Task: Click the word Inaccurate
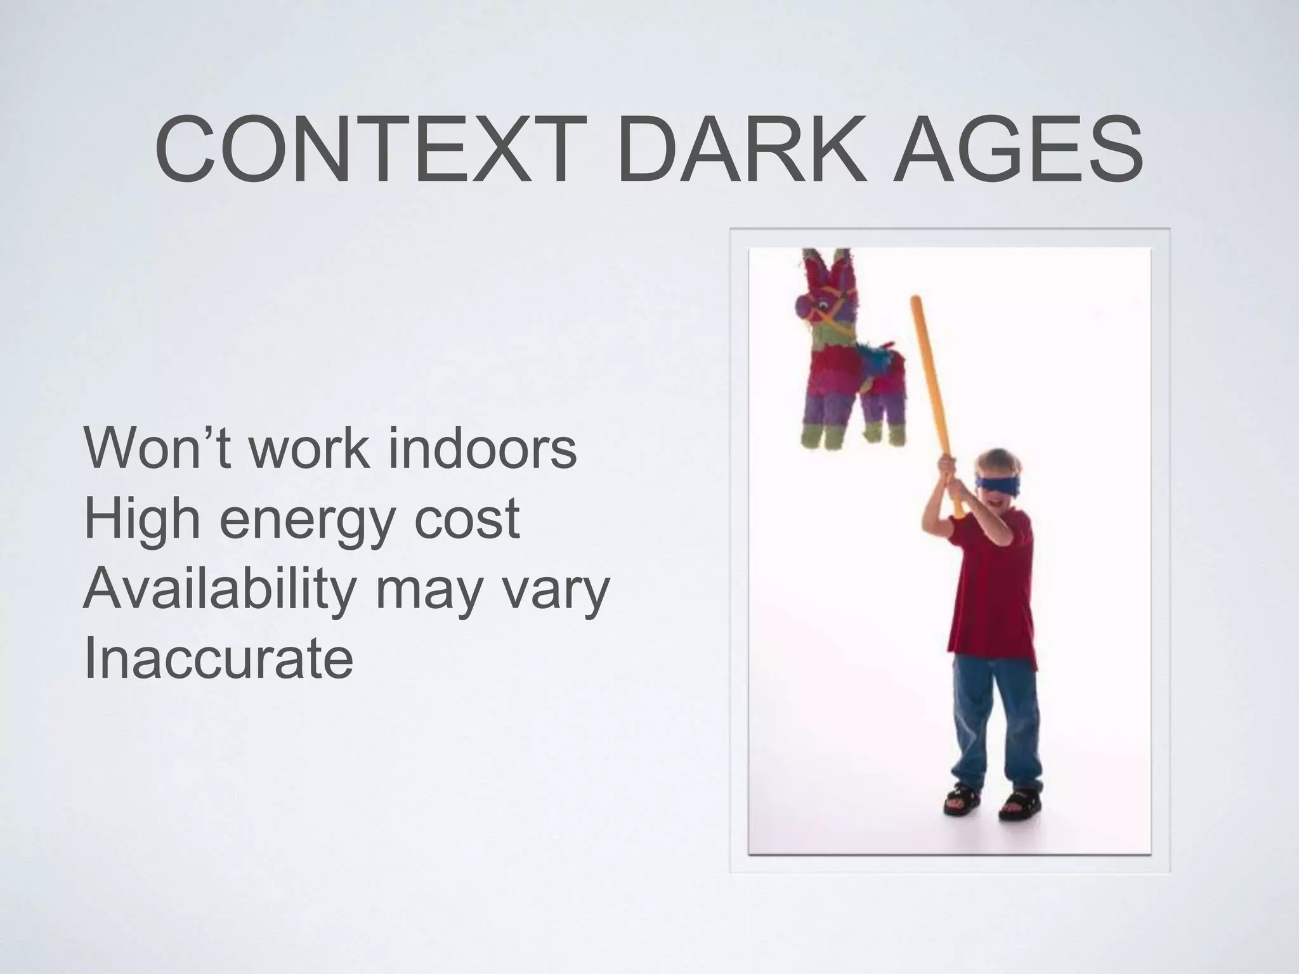[x=218, y=659]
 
